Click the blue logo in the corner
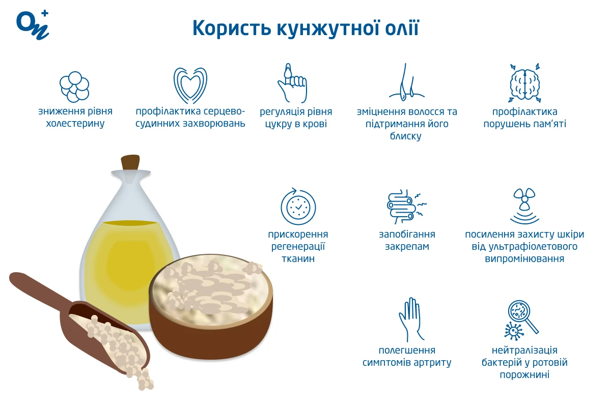(33, 25)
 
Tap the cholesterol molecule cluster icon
(74, 86)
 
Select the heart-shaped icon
(190, 85)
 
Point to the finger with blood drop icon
(293, 83)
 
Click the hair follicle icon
(406, 82)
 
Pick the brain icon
(525, 83)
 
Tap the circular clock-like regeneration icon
(298, 206)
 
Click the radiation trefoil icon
(524, 206)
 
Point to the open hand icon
(411, 319)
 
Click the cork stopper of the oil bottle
(130, 162)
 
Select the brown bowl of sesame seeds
(211, 306)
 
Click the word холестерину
(75, 124)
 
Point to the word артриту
(432, 363)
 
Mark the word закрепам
(407, 246)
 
